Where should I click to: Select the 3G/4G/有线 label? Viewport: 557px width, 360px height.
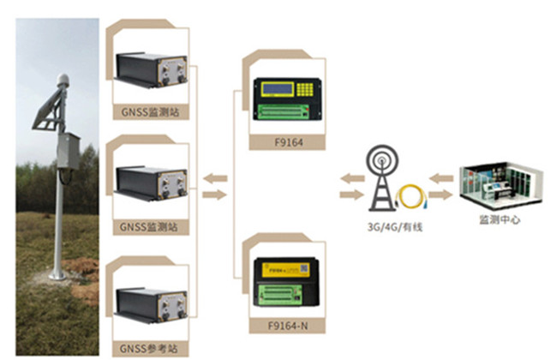[388, 226]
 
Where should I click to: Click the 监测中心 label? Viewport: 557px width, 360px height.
[498, 220]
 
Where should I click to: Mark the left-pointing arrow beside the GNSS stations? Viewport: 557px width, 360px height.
[215, 177]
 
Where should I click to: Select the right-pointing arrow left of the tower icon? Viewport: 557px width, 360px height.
[350, 195]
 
